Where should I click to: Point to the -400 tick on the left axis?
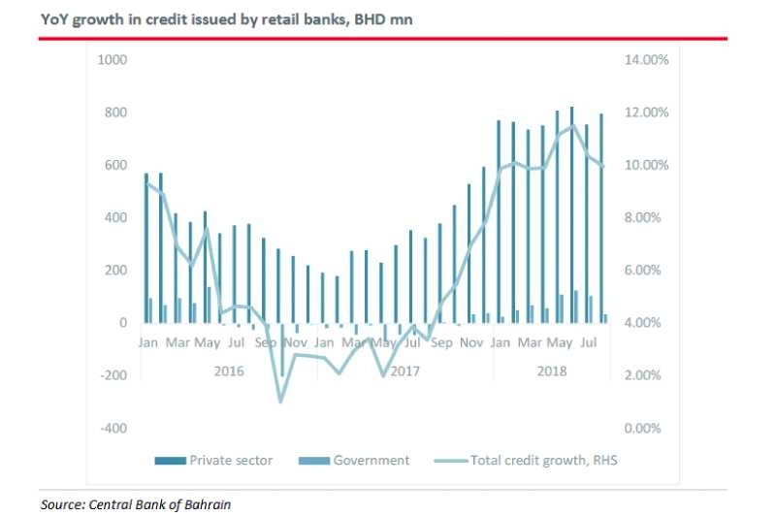[x=113, y=428]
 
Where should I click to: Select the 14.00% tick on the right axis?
[x=644, y=60]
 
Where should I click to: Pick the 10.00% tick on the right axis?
[x=644, y=165]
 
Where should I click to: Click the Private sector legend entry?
[x=231, y=461]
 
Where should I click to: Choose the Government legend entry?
[x=372, y=461]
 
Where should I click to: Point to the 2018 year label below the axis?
[x=550, y=371]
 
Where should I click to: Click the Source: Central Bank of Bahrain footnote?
[x=137, y=504]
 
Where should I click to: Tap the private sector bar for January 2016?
[x=146, y=247]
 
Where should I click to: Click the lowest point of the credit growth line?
[x=281, y=401]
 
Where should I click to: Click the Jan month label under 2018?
[x=501, y=342]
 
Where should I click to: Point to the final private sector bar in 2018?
[x=600, y=218]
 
